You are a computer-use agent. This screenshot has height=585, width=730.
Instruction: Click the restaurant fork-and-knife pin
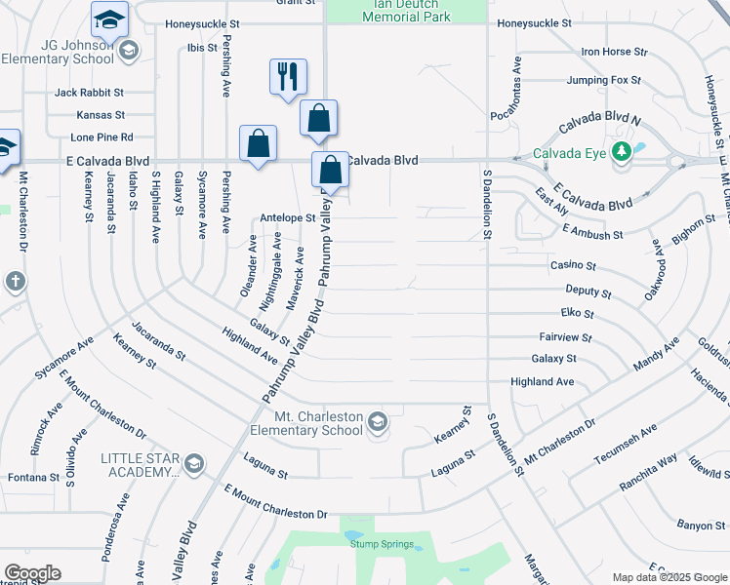pos(288,77)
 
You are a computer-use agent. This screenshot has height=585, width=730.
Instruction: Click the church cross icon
pos(15,283)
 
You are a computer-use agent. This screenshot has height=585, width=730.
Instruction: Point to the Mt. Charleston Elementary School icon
pos(378,422)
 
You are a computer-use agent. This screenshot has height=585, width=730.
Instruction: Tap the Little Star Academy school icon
pos(194,463)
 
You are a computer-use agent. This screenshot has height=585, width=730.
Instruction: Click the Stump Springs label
pos(383,544)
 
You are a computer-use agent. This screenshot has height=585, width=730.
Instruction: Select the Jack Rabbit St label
pos(89,93)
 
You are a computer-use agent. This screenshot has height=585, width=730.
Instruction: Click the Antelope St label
pos(287,218)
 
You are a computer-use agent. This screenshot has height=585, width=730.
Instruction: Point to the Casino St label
pos(573,265)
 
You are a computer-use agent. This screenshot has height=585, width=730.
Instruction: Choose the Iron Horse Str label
pos(614,52)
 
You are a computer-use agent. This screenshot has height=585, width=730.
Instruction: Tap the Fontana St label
pos(30,478)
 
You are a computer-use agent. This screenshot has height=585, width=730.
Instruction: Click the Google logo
pos(32,573)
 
